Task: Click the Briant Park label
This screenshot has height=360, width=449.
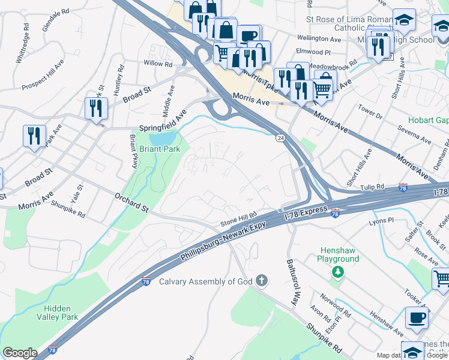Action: [x=160, y=149]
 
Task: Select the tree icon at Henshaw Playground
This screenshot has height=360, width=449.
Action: [x=339, y=272]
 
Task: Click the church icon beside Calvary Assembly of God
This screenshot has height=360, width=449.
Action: [x=261, y=280]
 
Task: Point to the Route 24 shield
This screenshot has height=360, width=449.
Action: [x=280, y=138]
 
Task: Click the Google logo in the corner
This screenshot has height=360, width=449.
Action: [x=20, y=353]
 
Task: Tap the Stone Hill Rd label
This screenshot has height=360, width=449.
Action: [x=238, y=217]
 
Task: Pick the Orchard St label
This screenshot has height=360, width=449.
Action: [x=131, y=201]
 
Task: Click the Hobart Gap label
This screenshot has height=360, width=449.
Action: [x=429, y=120]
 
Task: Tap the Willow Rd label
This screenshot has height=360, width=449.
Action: [x=157, y=63]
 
